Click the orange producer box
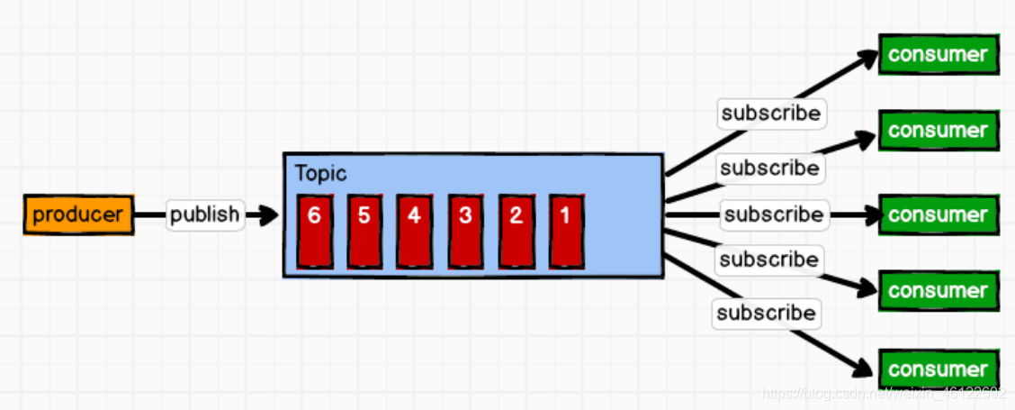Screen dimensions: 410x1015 click(77, 216)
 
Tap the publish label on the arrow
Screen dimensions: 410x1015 click(205, 215)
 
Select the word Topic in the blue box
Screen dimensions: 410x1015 click(320, 174)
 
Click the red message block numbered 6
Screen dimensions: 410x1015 click(314, 230)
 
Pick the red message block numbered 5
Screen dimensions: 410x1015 click(364, 230)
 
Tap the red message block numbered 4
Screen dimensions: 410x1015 click(415, 230)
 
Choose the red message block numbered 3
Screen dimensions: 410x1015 click(465, 230)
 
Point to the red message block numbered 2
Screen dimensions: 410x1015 click(516, 230)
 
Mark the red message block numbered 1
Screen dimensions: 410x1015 click(566, 230)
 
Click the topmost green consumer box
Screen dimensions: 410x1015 click(939, 54)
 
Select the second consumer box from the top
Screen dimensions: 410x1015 click(939, 131)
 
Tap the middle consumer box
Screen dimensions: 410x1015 click(939, 215)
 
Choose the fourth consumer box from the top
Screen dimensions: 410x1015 click(939, 291)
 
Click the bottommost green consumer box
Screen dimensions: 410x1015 click(939, 369)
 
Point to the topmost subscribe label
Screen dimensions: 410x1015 click(772, 114)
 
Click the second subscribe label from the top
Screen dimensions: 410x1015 click(769, 169)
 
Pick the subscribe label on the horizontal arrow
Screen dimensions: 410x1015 click(773, 215)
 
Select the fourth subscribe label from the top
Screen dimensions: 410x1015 click(769, 260)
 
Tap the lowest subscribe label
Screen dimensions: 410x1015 click(766, 314)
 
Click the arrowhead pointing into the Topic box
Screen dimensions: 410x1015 click(267, 216)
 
